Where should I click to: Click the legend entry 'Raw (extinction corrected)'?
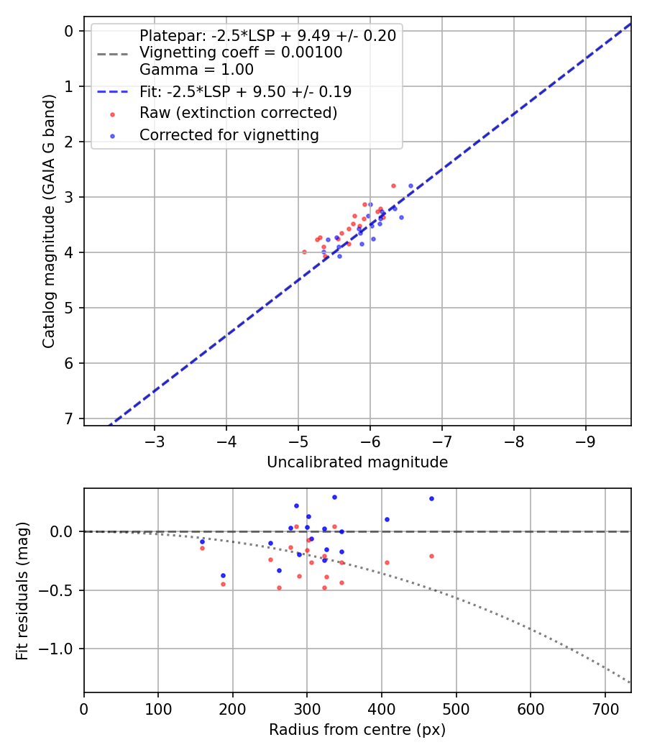[238, 113]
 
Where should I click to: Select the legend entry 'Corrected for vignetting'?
[229, 134]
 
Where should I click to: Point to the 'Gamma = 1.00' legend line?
[196, 70]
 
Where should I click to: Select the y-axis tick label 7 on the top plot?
[69, 418]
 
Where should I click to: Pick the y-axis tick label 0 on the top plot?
[69, 31]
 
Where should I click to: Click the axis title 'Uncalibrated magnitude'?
[357, 462]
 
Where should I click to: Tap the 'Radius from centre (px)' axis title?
[357, 730]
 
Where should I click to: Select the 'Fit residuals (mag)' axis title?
[23, 590]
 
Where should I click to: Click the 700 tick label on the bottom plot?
[605, 709]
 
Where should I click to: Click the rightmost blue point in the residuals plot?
[431, 498]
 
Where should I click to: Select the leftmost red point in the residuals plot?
[202, 548]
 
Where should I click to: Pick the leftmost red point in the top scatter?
[304, 252]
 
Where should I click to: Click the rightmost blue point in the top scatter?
[410, 186]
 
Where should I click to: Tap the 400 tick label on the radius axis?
[382, 709]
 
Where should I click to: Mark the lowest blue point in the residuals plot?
[223, 575]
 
